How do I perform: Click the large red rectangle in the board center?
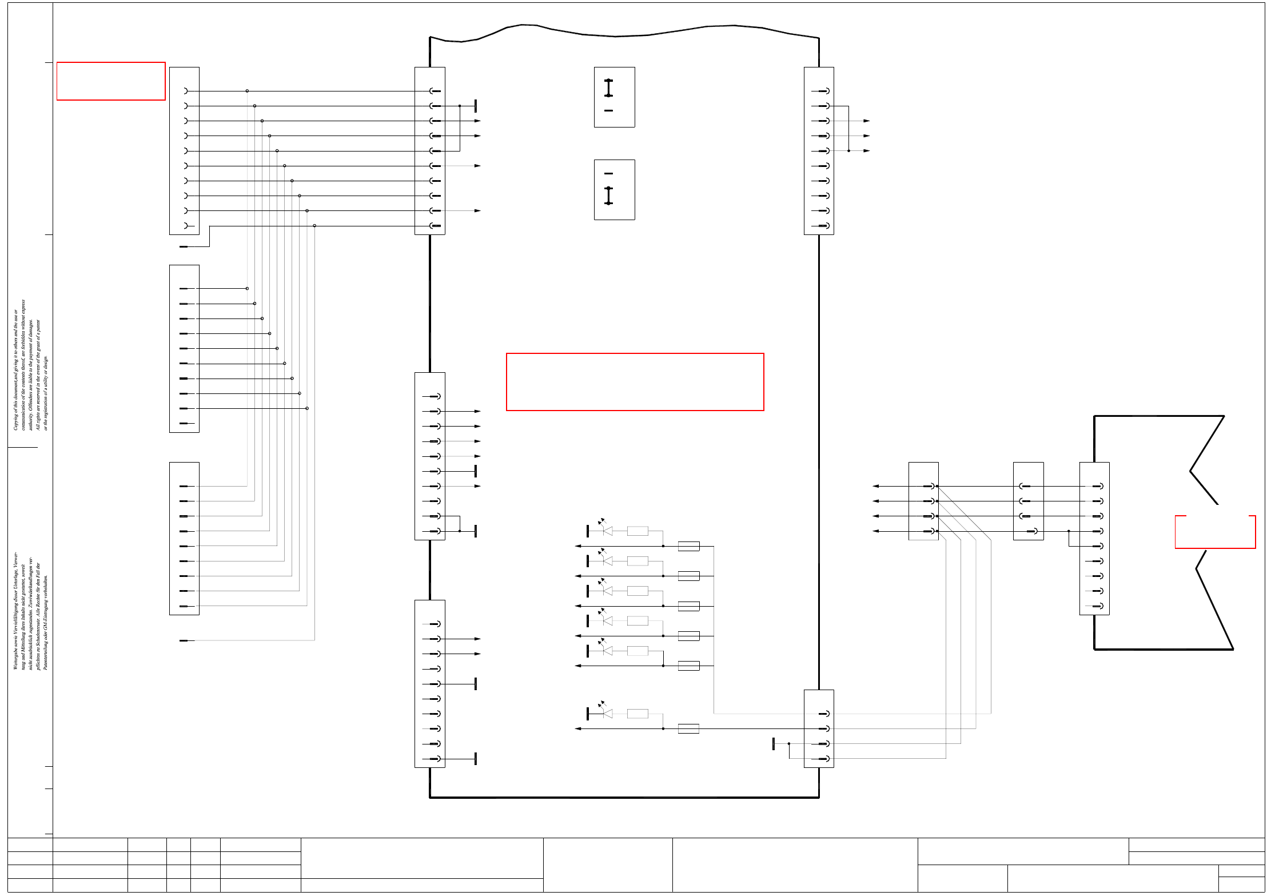pyautogui.click(x=635, y=381)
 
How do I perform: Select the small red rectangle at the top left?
pyautogui.click(x=111, y=81)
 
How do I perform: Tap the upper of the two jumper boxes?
pyautogui.click(x=614, y=97)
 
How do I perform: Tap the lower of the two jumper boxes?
pyautogui.click(x=614, y=189)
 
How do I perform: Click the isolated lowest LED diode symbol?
pyautogui.click(x=607, y=713)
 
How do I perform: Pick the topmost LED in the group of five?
pyautogui.click(x=607, y=531)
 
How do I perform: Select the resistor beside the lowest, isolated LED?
pyautogui.click(x=637, y=713)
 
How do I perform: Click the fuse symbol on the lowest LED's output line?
pyautogui.click(x=688, y=728)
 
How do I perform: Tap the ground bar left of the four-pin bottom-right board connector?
pyautogui.click(x=774, y=743)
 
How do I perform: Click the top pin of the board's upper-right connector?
pyautogui.click(x=823, y=91)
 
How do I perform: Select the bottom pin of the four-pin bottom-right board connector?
pyautogui.click(x=823, y=759)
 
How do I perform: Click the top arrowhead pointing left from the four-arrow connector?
pyautogui.click(x=876, y=486)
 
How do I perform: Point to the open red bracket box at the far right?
pyautogui.click(x=1215, y=532)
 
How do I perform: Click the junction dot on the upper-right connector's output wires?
pyautogui.click(x=848, y=151)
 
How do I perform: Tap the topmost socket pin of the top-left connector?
pyautogui.click(x=185, y=91)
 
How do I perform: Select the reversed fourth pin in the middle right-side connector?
pyautogui.click(x=1033, y=531)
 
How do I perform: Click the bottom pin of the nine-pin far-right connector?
pyautogui.click(x=1098, y=606)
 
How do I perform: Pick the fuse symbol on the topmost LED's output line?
pyautogui.click(x=688, y=546)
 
